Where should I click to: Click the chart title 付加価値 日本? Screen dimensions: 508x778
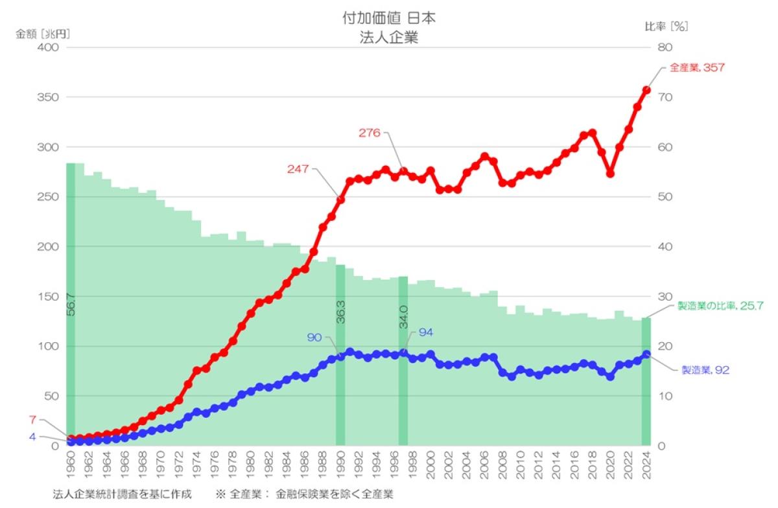[x=389, y=18]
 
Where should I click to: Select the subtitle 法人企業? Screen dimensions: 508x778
[x=389, y=37]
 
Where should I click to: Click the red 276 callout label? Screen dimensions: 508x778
[x=370, y=133]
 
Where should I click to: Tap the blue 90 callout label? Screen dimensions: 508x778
[x=314, y=338]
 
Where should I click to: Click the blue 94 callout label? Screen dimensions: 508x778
[x=425, y=332]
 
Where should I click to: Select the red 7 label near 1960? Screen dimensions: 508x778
[x=32, y=419]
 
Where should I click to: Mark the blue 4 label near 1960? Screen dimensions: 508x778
[x=32, y=437]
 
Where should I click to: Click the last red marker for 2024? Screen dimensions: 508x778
[x=646, y=90]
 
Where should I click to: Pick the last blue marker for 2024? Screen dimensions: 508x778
[x=646, y=354]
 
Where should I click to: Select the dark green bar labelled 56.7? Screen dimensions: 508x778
[x=71, y=304]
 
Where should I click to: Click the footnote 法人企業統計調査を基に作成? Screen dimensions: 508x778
[x=123, y=494]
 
